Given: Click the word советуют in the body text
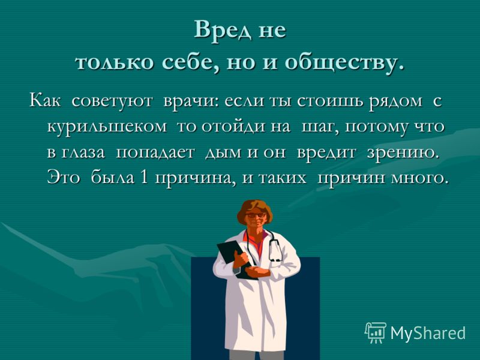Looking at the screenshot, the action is click(112, 101).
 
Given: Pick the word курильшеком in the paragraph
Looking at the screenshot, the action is click(107, 127).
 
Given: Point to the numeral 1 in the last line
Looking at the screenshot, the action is click(143, 178).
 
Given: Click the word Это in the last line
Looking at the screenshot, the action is click(64, 178).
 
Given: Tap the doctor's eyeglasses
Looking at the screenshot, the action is click(256, 215).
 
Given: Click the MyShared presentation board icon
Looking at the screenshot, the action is click(376, 332).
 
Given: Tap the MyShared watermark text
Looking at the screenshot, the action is click(428, 333).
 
